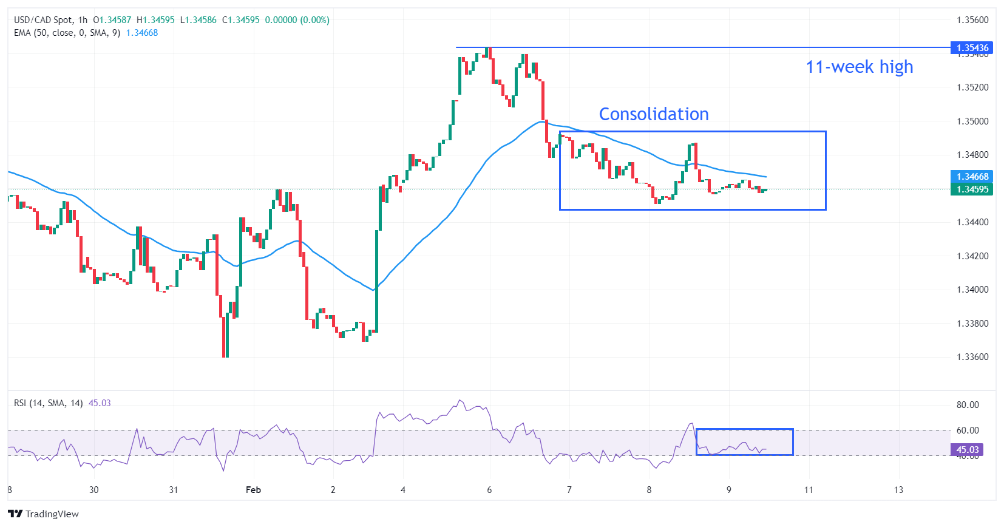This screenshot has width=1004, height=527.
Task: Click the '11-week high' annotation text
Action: tap(859, 67)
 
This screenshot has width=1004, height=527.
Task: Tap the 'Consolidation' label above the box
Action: tap(654, 114)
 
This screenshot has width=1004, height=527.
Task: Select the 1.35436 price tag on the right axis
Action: tap(972, 47)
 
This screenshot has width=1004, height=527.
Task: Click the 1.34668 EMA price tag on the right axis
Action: tap(972, 177)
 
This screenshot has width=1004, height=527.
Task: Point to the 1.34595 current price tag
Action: tap(972, 189)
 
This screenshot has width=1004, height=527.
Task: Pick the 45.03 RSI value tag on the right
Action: tap(967, 450)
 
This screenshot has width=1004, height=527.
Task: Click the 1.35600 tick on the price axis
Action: tap(972, 20)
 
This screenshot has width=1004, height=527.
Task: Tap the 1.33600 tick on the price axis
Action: tap(972, 357)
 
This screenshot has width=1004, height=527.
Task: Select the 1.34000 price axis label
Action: tap(972, 290)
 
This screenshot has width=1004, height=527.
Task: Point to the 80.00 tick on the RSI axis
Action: tap(968, 405)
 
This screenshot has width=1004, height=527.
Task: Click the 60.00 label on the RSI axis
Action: tap(968, 430)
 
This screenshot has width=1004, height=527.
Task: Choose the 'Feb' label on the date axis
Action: tap(253, 490)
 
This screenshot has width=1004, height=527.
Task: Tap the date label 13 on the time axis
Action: tap(898, 490)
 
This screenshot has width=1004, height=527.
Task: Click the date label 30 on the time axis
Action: tap(93, 490)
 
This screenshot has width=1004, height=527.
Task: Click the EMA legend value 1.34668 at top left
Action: tap(142, 33)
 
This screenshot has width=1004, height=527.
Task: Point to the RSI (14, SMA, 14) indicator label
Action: tap(49, 403)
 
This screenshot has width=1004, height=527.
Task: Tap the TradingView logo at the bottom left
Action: tap(44, 514)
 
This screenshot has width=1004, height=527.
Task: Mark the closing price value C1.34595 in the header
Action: tap(240, 20)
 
